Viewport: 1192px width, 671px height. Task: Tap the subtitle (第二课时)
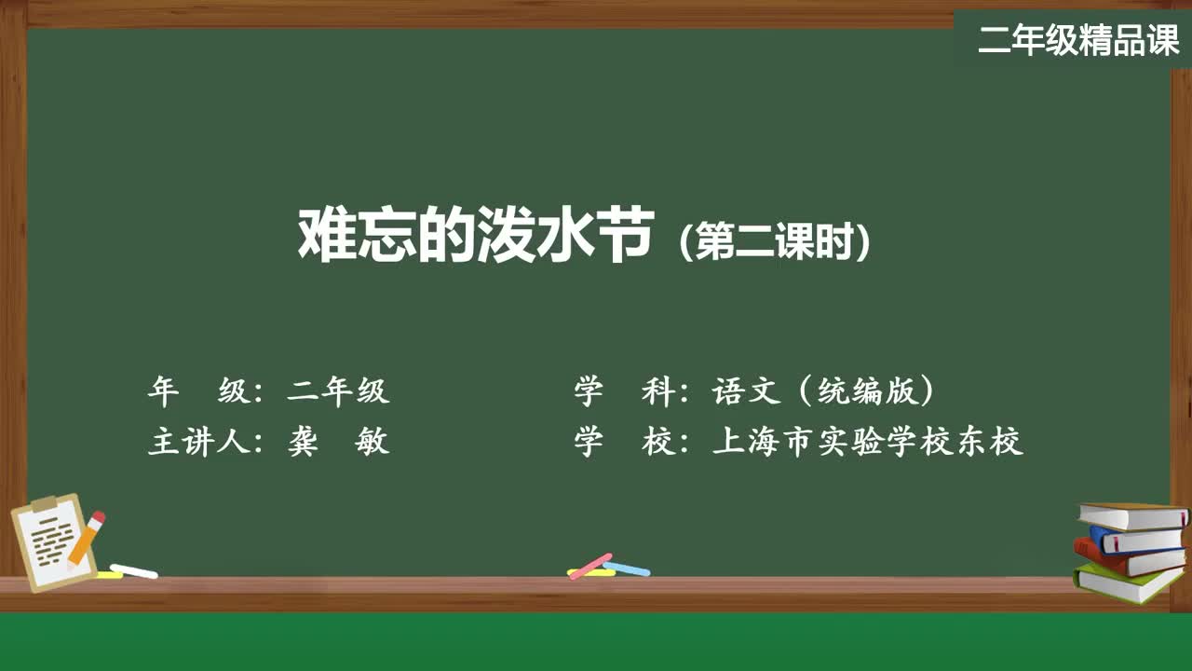click(775, 240)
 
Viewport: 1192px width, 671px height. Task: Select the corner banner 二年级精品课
click(1078, 40)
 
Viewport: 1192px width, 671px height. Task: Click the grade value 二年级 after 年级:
click(338, 391)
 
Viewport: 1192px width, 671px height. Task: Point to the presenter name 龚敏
click(338, 442)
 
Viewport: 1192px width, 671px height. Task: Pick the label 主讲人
click(199, 442)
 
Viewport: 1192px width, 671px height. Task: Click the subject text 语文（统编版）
click(822, 391)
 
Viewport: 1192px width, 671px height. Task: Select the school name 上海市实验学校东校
click(867, 442)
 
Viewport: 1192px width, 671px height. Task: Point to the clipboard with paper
click(53, 542)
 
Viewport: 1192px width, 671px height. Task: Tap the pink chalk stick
click(589, 566)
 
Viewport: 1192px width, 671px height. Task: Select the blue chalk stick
click(627, 568)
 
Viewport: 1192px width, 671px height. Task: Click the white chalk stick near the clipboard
click(133, 571)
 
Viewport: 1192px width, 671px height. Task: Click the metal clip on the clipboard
click(45, 502)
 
